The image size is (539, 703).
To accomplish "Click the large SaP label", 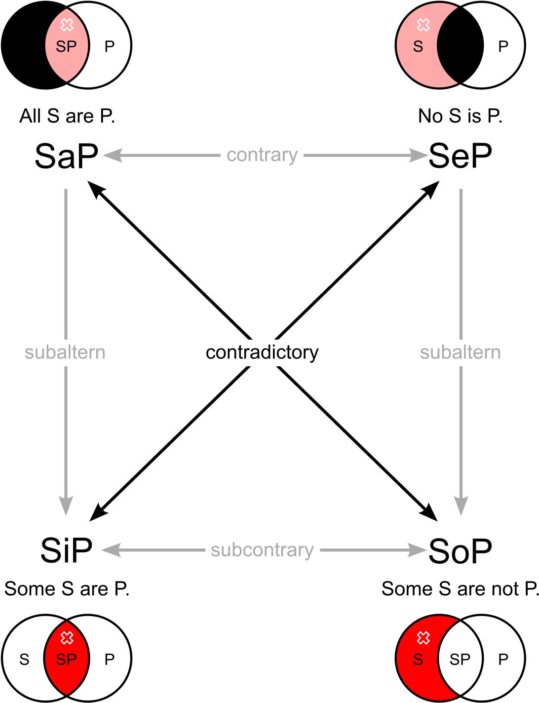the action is pos(66,156).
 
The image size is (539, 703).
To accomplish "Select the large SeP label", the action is pos(460,156).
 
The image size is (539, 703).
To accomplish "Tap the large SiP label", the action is pos(66,550).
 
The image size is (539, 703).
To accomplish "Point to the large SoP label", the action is pos(460,550).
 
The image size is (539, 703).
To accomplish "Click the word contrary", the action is pos(262,156).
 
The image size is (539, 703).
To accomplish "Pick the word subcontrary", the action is pos(262,550).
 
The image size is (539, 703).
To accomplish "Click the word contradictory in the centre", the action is pos(262,352).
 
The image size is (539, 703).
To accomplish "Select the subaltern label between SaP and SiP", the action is pos(65,352).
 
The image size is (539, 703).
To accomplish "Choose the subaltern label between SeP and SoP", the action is pos(460,352).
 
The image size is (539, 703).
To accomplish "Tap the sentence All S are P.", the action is pos(67,116).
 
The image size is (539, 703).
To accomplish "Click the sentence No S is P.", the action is pos(460,116).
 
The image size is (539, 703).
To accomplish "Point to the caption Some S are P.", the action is pos(67,588).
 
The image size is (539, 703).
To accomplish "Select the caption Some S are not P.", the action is pos(460,588).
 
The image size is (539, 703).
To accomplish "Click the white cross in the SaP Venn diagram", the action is pos(67,25).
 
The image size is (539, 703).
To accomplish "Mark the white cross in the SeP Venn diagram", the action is pos(423,25).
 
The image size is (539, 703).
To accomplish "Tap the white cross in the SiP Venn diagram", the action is pos(67,638).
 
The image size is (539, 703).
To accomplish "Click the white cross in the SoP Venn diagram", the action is pos(423,638).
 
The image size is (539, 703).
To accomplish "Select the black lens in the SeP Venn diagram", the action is pos(460,45).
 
